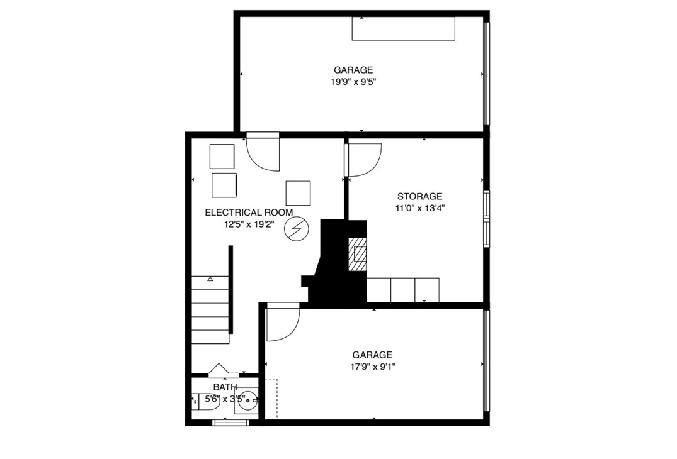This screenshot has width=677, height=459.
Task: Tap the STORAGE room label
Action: pos(419,196)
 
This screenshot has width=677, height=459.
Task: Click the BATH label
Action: pos(225,387)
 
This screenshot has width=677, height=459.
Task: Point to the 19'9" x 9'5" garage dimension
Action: pos(353,82)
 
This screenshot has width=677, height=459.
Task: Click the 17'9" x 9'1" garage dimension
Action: pos(372,366)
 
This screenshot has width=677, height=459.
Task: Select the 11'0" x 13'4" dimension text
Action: pos(419,207)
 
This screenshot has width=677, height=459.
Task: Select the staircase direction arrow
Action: pos(210,278)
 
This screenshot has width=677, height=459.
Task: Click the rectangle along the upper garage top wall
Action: pos(403,29)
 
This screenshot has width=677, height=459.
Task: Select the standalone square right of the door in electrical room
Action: pos(298,193)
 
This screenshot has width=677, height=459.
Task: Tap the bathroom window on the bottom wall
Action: pos(230,423)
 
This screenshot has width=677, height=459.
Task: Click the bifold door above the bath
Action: pos(223,371)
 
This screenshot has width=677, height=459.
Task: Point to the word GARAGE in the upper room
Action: pos(353,70)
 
